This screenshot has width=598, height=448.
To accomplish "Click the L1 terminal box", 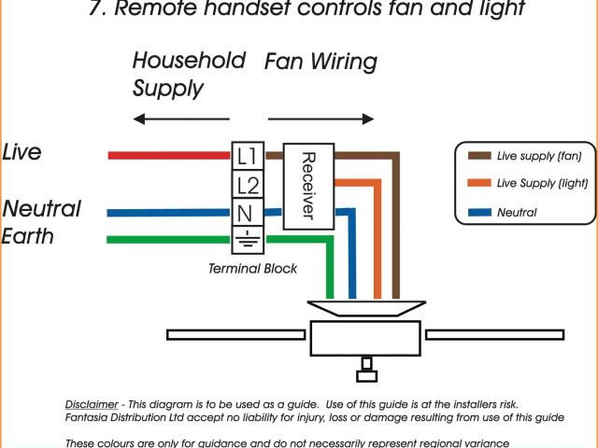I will coord(247,155).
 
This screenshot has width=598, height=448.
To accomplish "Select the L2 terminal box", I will coord(247,184).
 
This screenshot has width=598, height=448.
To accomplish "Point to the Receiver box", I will coord(306,185).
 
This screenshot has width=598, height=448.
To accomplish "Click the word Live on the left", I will coord(21,152).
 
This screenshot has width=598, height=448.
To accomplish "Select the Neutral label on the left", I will coord(41,208).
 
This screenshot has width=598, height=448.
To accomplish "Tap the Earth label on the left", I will coord(27,236).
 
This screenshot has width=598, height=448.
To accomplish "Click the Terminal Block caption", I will coord(253,269).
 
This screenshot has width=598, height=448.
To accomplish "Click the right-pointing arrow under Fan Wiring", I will coord(321,119).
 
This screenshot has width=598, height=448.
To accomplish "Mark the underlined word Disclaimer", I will coord(92,403).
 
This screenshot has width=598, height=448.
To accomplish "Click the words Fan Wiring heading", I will coord(320,63).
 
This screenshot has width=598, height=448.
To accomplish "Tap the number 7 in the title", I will coord(93,10).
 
